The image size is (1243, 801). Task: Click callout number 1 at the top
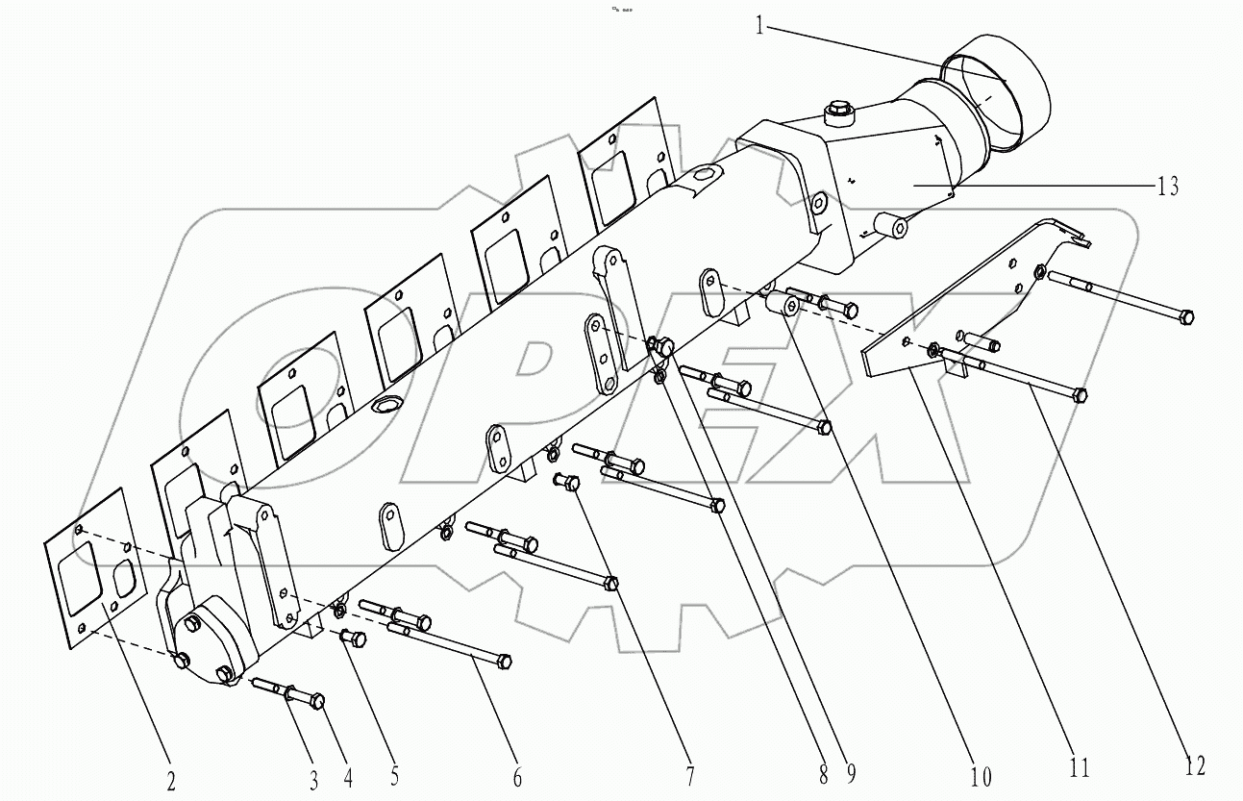coord(759,26)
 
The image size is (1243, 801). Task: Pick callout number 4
coord(347,774)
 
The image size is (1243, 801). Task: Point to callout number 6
coord(517,777)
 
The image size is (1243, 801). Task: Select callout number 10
coord(980,775)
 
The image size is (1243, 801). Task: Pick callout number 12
coord(1195,765)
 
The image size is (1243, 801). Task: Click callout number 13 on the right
coord(1166,186)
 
